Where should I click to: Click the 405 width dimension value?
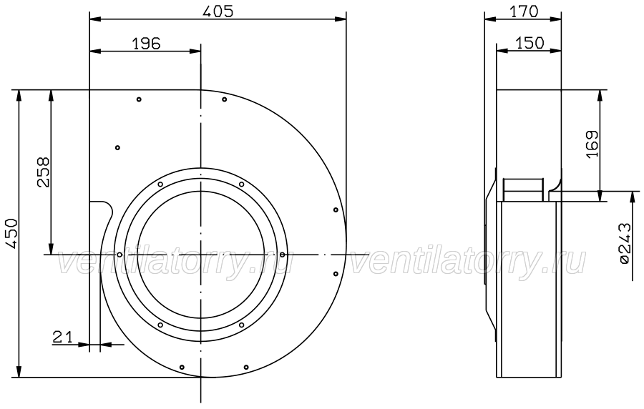coord(218,11)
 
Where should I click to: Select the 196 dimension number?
coord(146,43)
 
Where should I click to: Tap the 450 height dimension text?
coord(11,234)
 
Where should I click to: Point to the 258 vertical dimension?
coord(43,172)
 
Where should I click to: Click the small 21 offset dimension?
coord(62,337)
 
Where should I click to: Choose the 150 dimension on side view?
coord(530,43)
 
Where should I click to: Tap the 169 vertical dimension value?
coord(592,144)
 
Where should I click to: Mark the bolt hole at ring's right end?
coord(282,255)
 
